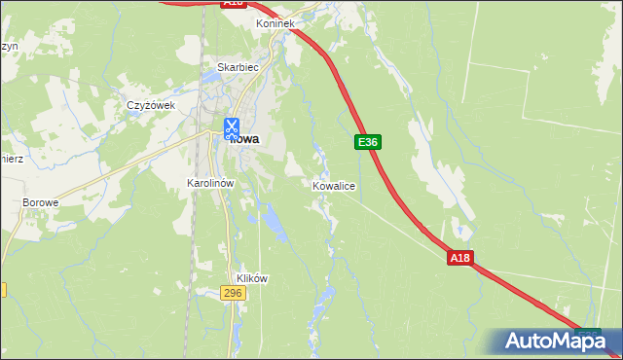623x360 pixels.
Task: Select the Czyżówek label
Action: tap(150, 105)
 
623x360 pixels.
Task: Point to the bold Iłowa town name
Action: tap(246, 139)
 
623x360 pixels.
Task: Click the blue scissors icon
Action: tap(232, 127)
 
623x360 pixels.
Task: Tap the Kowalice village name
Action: tap(334, 185)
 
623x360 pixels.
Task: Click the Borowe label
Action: tap(41, 202)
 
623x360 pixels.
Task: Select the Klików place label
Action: tap(251, 277)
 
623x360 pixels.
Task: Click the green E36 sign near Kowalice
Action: tap(367, 142)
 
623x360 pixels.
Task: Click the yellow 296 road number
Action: tap(233, 293)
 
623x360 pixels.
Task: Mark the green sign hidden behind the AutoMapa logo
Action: tap(587, 334)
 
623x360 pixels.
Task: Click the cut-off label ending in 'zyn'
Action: tap(8, 46)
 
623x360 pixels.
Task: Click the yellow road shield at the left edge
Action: tap(3, 289)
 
